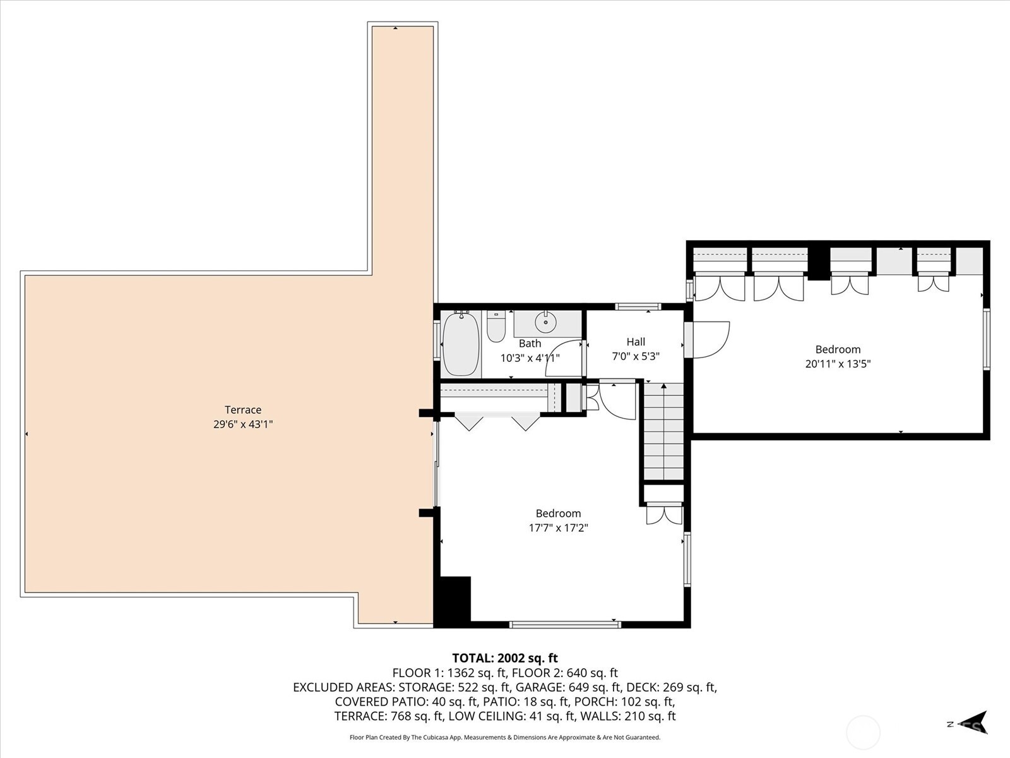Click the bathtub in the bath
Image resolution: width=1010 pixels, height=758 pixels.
point(461,344)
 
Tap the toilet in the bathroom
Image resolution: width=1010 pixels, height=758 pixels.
point(496,327)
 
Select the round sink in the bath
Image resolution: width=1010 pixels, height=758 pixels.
point(545,323)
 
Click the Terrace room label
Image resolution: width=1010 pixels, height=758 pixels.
point(242,410)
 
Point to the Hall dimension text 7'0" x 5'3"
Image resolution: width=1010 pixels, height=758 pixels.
point(636,356)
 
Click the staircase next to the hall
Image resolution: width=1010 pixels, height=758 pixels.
point(663,433)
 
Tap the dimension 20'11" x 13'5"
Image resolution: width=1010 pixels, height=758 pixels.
point(838,364)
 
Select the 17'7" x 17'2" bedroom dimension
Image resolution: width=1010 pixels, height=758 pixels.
point(558,528)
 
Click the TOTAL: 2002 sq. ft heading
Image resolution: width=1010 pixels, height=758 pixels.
point(504,658)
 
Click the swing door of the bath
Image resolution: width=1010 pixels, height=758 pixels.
point(564,358)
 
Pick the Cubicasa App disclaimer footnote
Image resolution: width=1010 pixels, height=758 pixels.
point(504,737)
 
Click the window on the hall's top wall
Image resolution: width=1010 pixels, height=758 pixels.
point(638,307)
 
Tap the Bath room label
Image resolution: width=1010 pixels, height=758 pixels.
point(530,344)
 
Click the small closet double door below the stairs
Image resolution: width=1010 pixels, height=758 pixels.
point(664,514)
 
